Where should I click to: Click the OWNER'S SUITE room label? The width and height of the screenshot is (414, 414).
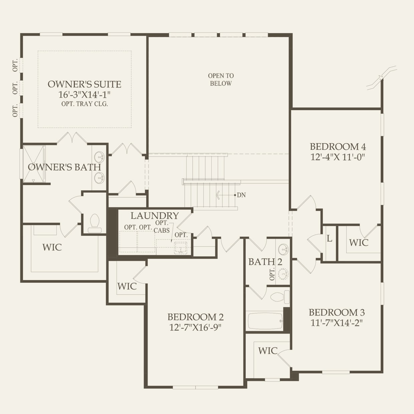pyautogui.click(x=84, y=84)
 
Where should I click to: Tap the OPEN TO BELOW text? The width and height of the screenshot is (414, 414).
pyautogui.click(x=221, y=80)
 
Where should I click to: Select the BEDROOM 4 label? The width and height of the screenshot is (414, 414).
pyautogui.click(x=338, y=147)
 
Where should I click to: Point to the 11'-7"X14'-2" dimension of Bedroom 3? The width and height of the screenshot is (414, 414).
pyautogui.click(x=337, y=323)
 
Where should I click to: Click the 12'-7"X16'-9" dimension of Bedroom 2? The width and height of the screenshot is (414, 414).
pyautogui.click(x=195, y=327)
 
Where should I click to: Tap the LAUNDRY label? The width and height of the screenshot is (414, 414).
pyautogui.click(x=155, y=216)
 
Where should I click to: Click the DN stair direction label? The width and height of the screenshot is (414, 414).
pyautogui.click(x=241, y=195)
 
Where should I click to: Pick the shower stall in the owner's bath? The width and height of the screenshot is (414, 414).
pyautogui.click(x=33, y=164)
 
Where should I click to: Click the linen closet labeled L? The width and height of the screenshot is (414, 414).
pyautogui.click(x=330, y=239)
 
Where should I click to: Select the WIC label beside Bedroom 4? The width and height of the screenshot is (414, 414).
pyautogui.click(x=359, y=243)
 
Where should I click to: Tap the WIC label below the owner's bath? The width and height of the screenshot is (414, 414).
pyautogui.click(x=52, y=247)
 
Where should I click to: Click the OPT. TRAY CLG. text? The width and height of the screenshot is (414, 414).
pyautogui.click(x=84, y=104)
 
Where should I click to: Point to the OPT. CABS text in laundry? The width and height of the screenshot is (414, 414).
pyautogui.click(x=162, y=227)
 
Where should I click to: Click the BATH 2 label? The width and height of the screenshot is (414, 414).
pyautogui.click(x=265, y=262)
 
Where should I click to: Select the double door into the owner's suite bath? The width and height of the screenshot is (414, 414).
pyautogui.click(x=72, y=138)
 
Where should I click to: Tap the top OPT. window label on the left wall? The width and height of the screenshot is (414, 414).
pyautogui.click(x=15, y=65)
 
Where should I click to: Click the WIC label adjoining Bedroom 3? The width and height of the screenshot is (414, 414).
pyautogui.click(x=268, y=351)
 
